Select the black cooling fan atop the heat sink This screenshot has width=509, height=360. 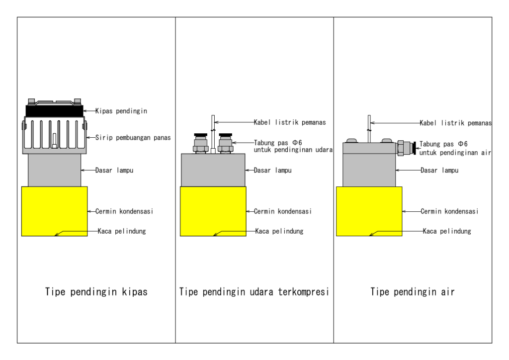coord(54,110)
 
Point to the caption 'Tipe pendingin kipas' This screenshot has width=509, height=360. coord(96,292)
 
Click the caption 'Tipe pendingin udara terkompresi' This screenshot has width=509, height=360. coord(254,292)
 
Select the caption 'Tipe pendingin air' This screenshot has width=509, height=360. coord(413,292)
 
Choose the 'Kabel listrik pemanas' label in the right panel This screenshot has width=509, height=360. coord(455,123)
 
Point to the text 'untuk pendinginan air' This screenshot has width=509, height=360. coord(455,153)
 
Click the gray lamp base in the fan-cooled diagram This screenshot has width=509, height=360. coord(54,170)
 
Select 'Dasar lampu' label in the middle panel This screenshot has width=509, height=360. coord(272,171)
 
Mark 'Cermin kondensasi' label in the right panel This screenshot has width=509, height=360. coord(449,211)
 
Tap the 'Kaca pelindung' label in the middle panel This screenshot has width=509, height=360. coord(279,231)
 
